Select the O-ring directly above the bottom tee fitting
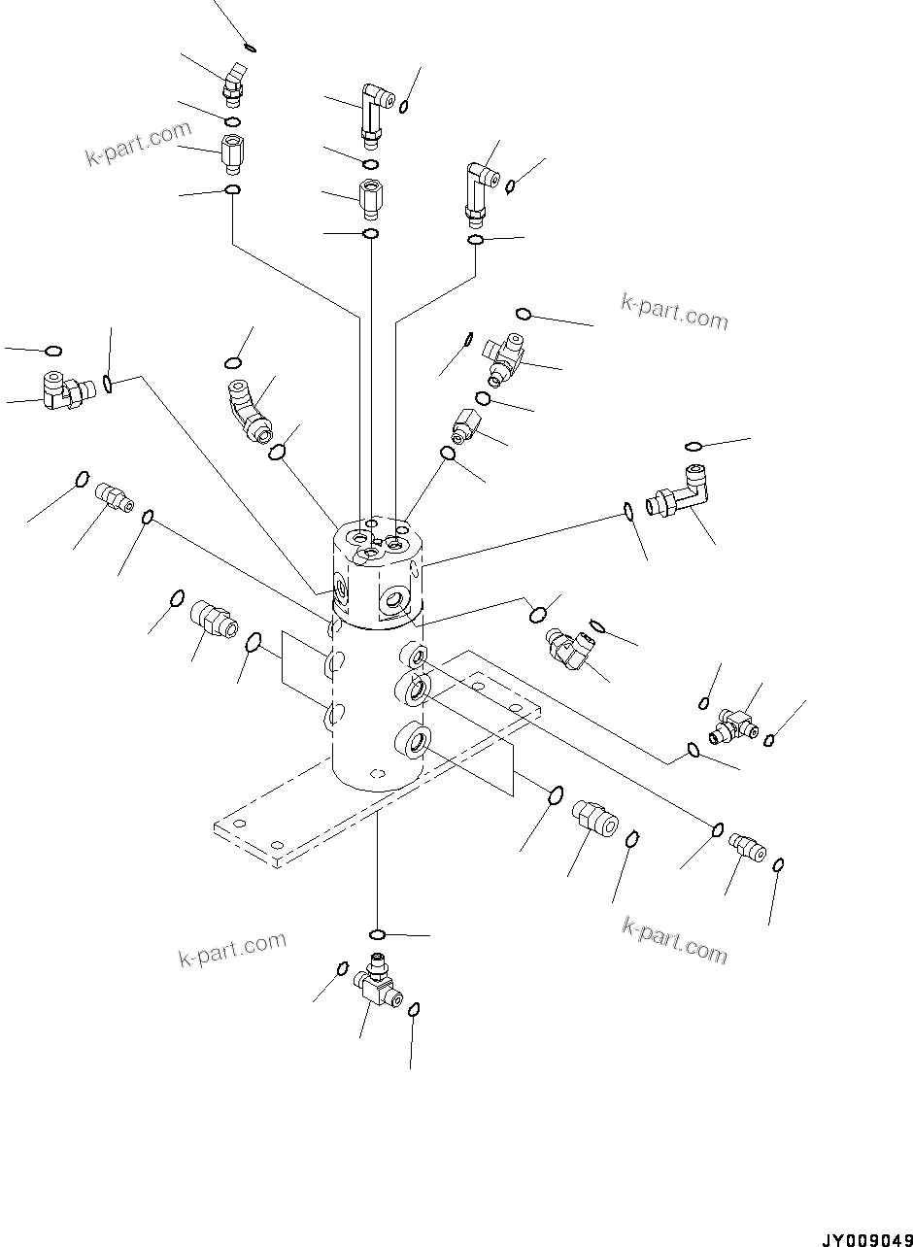pos(379,934)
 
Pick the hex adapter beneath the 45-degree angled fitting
pos(232,152)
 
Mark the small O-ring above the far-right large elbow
pos(693,446)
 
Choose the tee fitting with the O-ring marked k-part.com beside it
pos(505,354)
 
